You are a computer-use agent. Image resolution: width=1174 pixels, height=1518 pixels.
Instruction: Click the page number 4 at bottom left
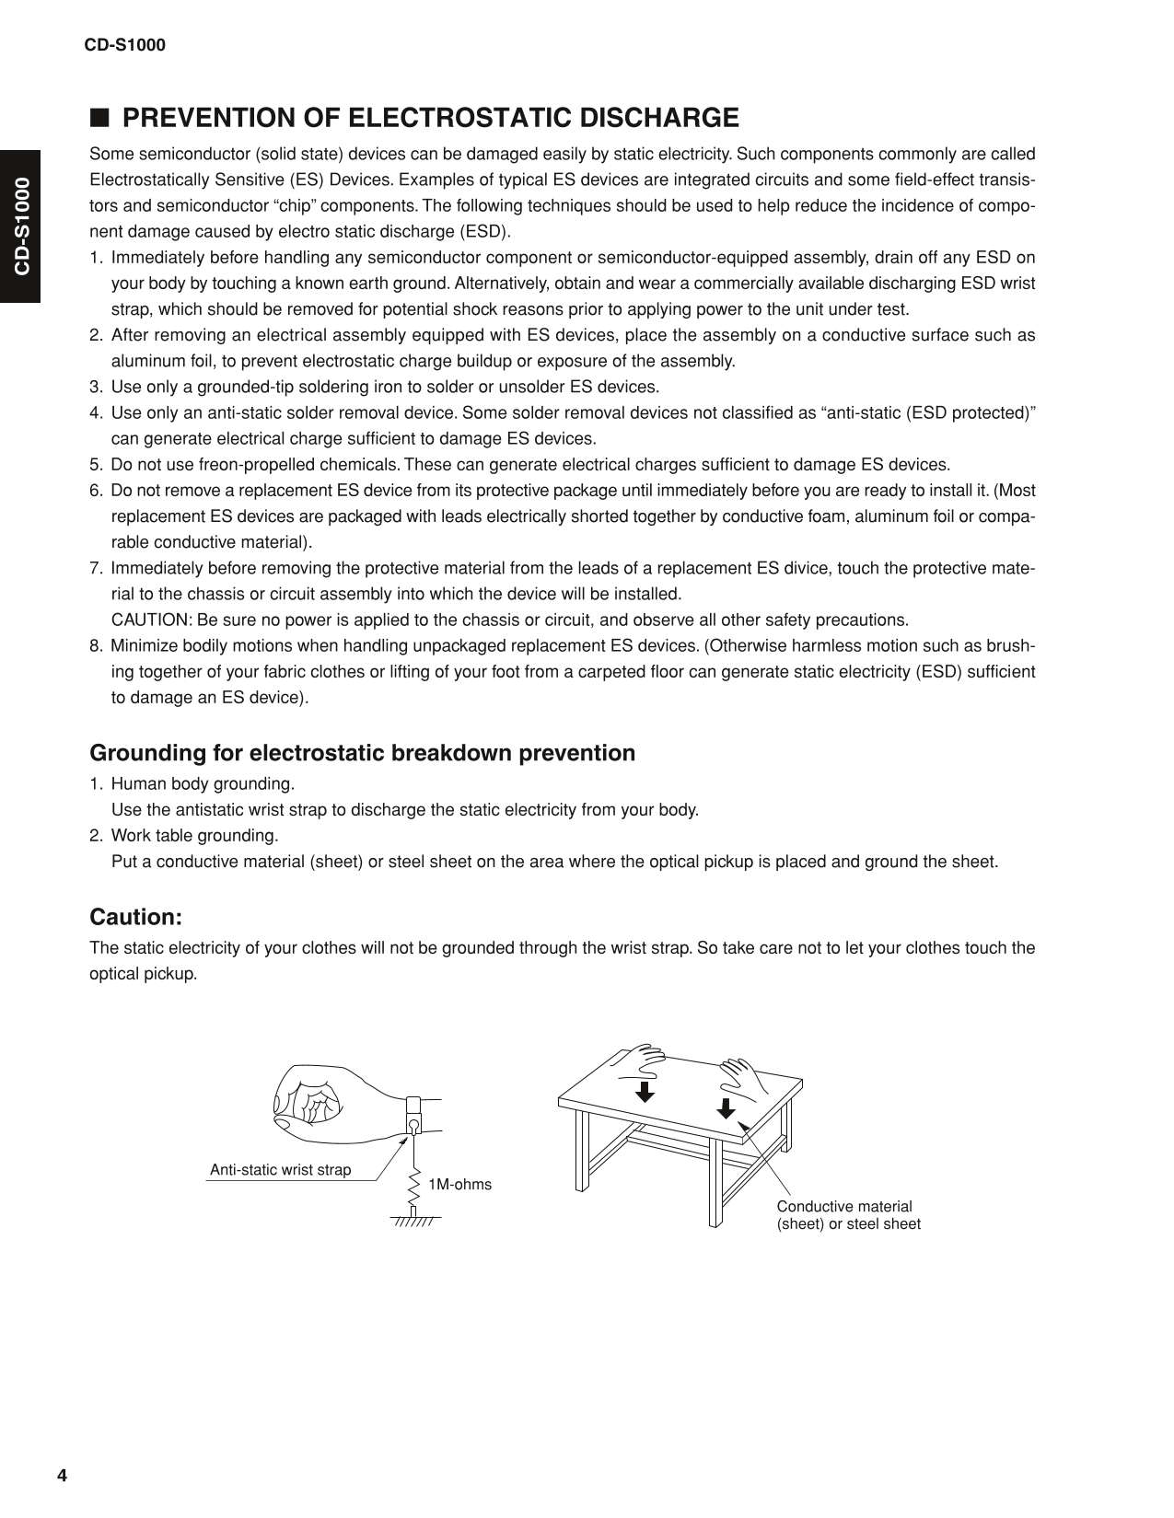click(62, 1476)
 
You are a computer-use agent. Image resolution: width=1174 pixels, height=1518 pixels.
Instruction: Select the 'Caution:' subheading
click(135, 917)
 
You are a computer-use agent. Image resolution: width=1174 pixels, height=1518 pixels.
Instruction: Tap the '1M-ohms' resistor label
click(459, 1184)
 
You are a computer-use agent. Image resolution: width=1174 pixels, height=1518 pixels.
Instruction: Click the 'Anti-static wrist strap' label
click(280, 1170)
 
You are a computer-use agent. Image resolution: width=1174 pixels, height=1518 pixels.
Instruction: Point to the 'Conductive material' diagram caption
click(844, 1206)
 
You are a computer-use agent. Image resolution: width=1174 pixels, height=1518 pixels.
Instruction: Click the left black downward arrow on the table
click(645, 1091)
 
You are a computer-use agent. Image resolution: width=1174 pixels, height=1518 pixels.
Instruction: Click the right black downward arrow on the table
click(726, 1107)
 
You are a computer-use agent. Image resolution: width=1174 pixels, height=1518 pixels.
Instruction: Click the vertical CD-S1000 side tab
click(20, 226)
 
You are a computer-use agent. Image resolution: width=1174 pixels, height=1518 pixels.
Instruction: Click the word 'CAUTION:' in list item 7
click(152, 620)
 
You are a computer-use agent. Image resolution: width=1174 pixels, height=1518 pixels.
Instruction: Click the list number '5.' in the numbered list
click(97, 465)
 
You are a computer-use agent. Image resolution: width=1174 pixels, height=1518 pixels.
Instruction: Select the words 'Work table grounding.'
click(194, 836)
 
